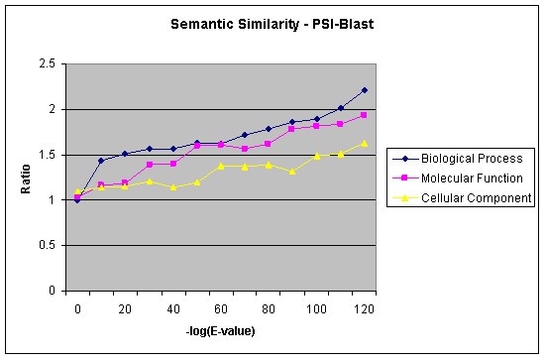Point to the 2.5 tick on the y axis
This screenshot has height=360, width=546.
point(46,64)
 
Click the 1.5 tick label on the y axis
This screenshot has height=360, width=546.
point(46,156)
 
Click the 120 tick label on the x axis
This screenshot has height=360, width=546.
point(366,309)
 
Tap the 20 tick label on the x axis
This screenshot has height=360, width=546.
point(125,309)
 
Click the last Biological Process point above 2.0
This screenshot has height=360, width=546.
point(364,90)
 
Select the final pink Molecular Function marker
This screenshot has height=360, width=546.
point(364,115)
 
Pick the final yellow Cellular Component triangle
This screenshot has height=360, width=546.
point(364,143)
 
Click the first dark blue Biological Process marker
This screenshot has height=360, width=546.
point(77,200)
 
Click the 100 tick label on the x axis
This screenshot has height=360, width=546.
point(318,309)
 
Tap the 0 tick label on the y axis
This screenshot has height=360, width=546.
point(51,292)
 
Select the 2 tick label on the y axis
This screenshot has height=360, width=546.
point(51,110)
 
